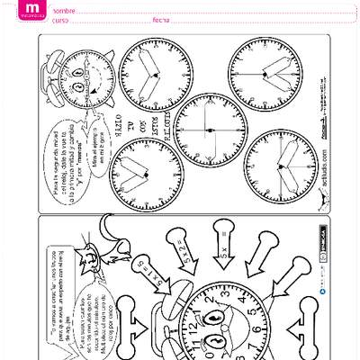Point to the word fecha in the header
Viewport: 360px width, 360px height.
162,20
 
